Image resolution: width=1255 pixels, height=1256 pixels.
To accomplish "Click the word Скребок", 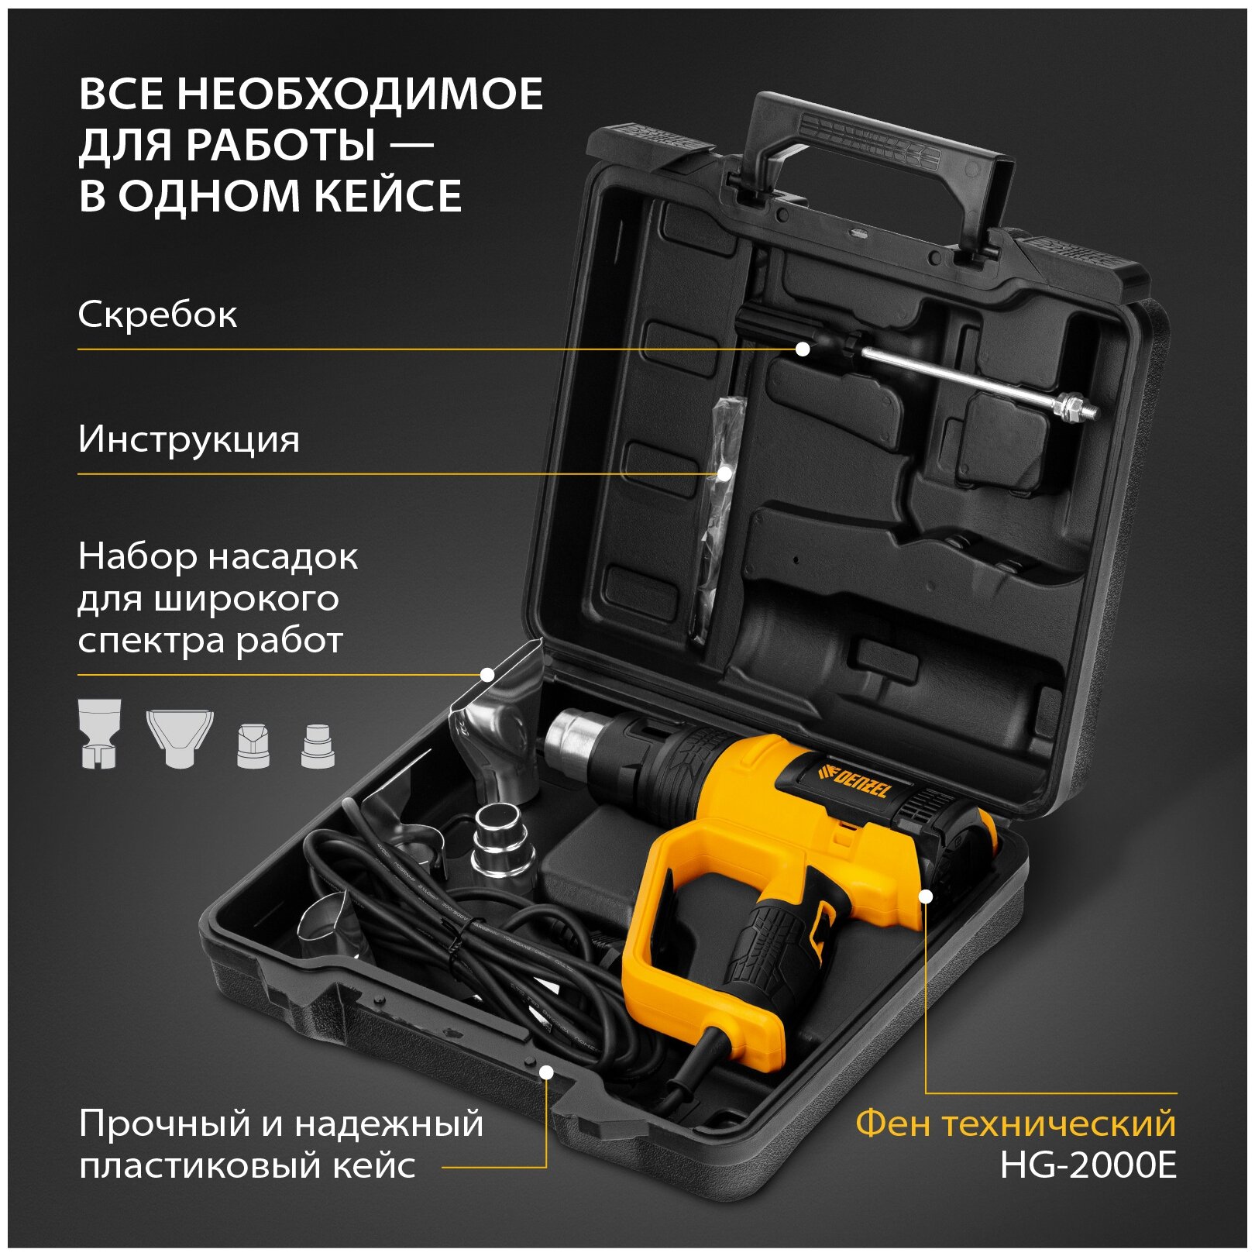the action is click(x=157, y=315).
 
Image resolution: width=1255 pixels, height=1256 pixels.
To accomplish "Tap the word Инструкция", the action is click(x=188, y=440).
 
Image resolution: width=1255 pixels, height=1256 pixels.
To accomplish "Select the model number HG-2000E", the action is click(x=1088, y=1165).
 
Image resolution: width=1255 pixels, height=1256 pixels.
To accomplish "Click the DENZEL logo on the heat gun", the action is click(x=854, y=780).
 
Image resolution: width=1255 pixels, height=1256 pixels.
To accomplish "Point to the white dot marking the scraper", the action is click(x=803, y=349).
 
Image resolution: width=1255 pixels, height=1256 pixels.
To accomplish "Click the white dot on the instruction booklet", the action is click(x=724, y=473).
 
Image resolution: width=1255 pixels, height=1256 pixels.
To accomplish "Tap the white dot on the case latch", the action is click(x=546, y=1072).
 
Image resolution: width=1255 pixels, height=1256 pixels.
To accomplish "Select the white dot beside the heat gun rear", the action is click(x=926, y=896).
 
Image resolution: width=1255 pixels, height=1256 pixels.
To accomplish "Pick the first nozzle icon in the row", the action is click(x=100, y=733).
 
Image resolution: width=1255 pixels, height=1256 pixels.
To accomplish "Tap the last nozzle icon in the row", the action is click(x=318, y=745).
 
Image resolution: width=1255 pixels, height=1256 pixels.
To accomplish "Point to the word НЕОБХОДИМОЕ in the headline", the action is click(x=359, y=94).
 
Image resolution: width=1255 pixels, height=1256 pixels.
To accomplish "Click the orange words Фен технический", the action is click(x=1016, y=1124).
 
